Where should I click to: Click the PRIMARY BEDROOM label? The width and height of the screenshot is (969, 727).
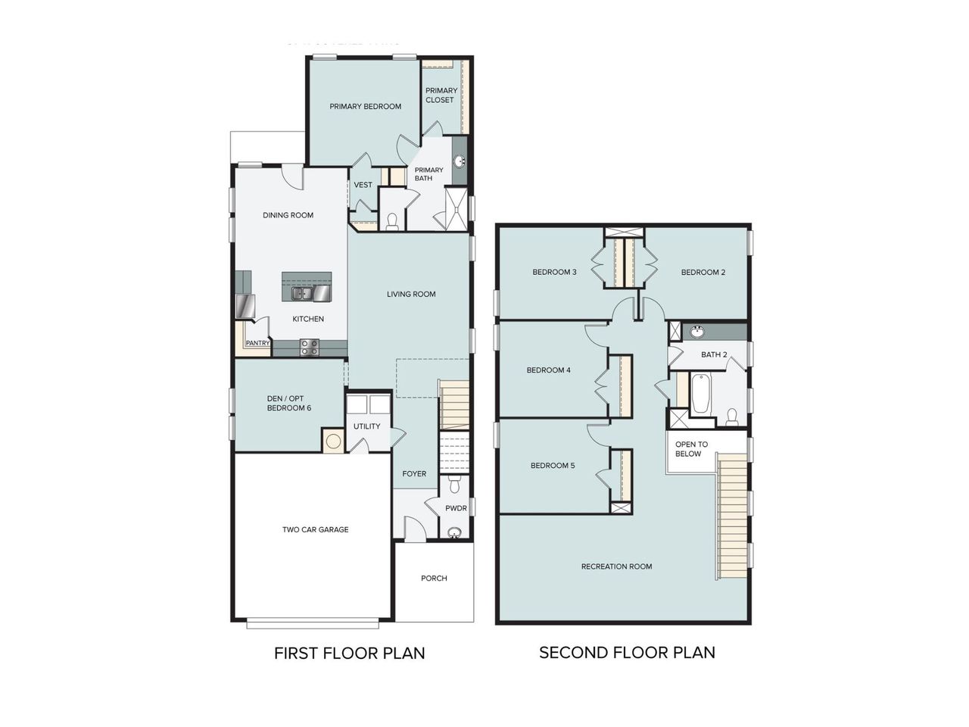[365, 107]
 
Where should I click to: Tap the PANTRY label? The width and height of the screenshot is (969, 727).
[257, 343]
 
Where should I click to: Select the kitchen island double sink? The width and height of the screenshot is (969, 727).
[301, 293]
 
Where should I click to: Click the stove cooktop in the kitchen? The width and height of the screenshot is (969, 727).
[310, 347]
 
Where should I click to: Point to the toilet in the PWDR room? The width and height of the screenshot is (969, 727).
[454, 482]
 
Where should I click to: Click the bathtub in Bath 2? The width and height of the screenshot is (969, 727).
[700, 394]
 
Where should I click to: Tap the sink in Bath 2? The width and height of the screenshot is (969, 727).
[697, 332]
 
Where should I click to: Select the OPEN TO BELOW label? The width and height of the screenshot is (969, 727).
[691, 449]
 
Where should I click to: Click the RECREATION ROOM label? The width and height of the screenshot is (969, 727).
[616, 566]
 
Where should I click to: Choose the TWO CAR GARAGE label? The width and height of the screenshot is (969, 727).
[315, 529]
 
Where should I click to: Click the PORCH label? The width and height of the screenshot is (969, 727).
[434, 579]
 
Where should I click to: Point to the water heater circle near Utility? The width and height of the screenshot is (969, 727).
[332, 440]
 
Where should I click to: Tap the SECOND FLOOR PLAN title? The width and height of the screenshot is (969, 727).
[627, 652]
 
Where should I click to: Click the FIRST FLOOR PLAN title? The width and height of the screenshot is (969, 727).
[349, 653]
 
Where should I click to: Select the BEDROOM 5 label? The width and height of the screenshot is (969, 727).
[552, 466]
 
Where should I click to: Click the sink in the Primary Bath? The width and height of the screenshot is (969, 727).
[460, 161]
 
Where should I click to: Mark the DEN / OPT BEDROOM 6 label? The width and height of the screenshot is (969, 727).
[288, 404]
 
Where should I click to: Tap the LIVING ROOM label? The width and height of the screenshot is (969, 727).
[411, 295]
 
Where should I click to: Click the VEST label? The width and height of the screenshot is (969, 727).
[363, 185]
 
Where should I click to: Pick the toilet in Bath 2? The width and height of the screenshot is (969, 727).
[731, 416]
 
